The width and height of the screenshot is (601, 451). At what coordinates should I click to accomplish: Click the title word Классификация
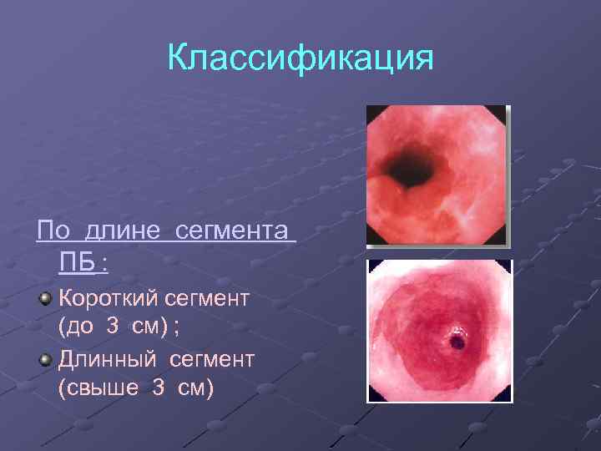click(300, 58)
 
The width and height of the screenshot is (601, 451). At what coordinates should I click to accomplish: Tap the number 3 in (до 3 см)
click(113, 327)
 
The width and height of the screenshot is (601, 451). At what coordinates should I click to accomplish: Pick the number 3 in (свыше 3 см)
click(159, 388)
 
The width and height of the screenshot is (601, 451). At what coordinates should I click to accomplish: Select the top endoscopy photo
click(437, 175)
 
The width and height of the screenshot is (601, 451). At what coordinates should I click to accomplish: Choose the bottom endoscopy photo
click(439, 331)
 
